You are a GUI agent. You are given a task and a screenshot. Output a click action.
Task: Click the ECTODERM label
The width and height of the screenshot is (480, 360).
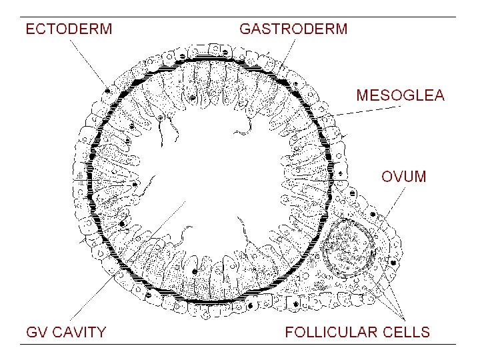coord(69,29)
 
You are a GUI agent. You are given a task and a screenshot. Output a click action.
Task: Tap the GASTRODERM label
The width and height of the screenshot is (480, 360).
coord(293,29)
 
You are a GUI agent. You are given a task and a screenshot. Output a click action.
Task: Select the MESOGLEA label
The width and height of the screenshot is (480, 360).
coord(400,95)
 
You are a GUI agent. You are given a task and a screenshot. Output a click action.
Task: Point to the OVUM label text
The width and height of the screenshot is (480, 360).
coord(403,177)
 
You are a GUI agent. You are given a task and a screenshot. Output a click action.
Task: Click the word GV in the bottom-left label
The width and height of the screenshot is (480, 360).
coord(37,332)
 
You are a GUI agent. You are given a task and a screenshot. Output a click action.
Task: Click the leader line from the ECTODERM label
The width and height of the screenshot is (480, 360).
coord(87,63)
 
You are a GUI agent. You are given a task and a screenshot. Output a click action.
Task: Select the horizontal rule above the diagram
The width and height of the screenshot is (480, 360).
coord(240,17)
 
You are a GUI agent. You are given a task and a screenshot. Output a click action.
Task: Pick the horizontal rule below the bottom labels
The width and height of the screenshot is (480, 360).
coord(240,344)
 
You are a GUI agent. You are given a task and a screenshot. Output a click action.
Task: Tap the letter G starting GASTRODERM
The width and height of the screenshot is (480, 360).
coord(245,29)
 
